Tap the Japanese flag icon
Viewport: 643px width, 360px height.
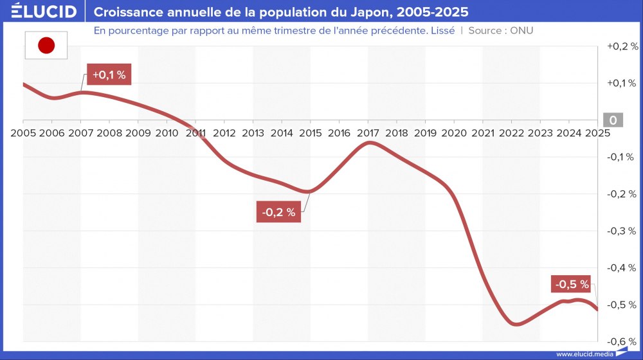46,45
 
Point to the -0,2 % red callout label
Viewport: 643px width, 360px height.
279,212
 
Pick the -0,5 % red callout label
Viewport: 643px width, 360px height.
572,284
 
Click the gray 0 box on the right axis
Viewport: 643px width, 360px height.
613,120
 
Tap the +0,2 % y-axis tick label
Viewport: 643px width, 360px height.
622,46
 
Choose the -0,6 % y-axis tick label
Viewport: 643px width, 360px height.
622,341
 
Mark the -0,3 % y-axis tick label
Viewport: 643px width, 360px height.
622,231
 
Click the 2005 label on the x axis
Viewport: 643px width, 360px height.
23,133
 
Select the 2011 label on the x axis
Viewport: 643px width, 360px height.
195,133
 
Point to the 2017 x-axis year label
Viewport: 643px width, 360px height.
368,133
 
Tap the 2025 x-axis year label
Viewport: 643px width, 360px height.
597,133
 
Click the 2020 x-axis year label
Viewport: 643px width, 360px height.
454,133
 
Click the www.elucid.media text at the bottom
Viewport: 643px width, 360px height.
584,354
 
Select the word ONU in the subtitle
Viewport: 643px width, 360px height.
521,31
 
